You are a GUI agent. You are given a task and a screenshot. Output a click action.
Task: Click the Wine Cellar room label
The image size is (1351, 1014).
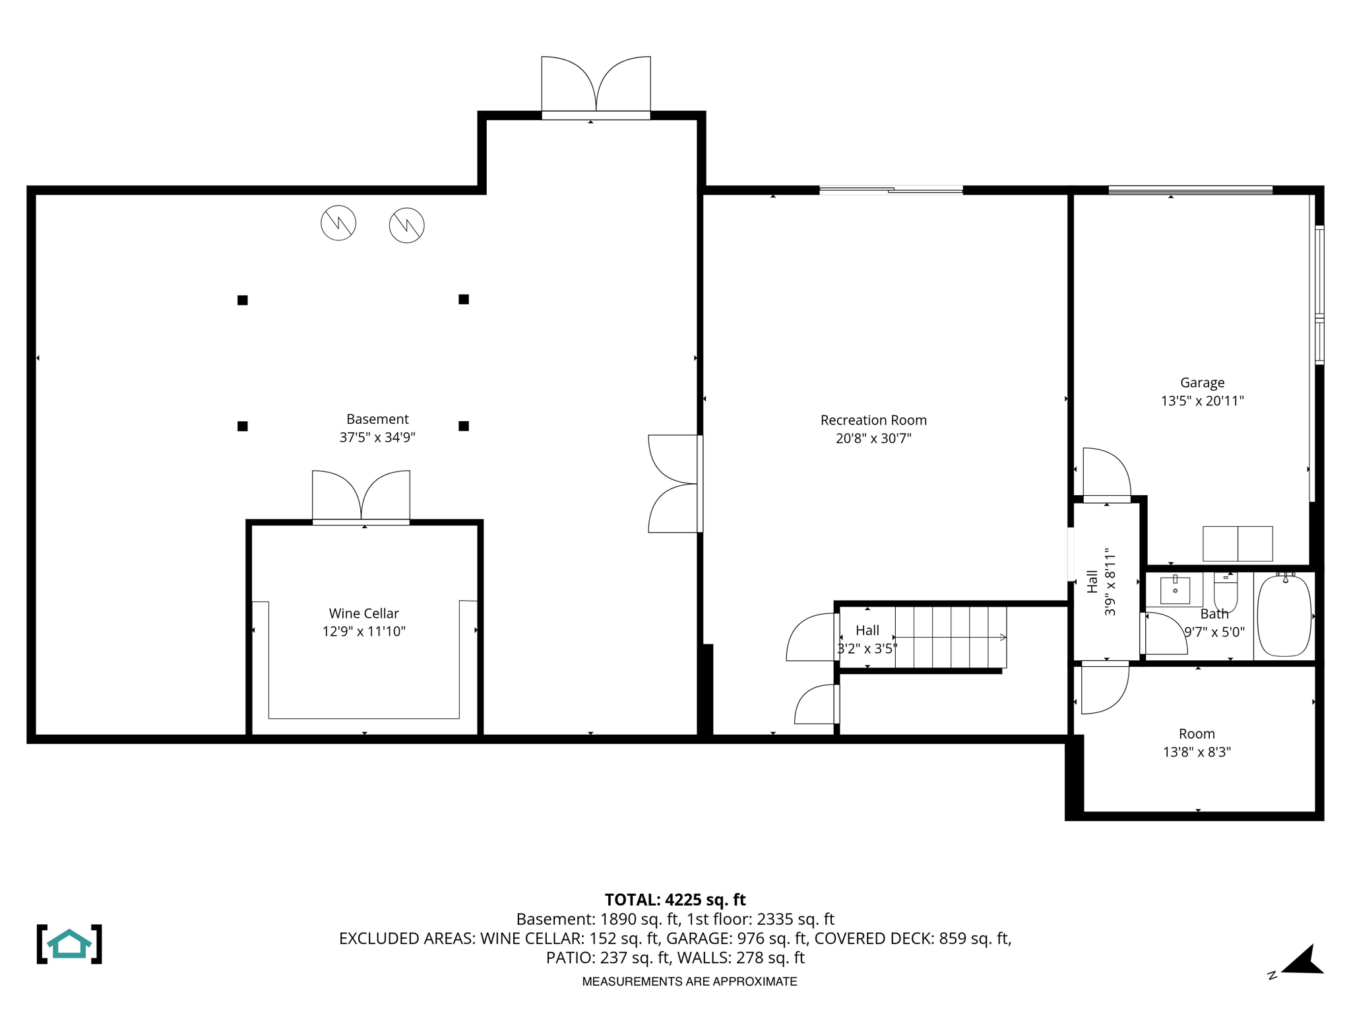point(363,613)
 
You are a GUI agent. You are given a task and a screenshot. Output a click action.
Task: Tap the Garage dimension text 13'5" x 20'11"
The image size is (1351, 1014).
point(1202,401)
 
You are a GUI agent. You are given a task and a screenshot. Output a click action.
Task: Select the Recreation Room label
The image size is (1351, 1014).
point(873,420)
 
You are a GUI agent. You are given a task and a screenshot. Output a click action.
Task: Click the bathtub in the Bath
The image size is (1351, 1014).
point(1284,615)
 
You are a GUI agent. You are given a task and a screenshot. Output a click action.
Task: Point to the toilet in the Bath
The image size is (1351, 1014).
point(1226,591)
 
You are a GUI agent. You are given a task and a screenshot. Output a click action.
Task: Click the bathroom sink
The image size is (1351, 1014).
point(1175,590)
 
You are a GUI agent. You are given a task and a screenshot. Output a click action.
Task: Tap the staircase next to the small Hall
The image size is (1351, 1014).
point(950,637)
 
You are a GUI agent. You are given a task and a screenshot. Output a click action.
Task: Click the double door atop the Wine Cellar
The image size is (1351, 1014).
point(361,496)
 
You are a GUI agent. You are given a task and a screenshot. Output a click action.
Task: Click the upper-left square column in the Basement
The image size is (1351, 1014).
point(243,300)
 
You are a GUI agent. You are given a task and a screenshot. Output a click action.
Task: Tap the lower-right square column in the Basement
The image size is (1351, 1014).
point(464,426)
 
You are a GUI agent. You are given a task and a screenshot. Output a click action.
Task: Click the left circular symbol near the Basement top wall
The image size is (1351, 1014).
point(338,222)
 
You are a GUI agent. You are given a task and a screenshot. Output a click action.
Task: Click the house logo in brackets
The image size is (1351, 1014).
point(69,944)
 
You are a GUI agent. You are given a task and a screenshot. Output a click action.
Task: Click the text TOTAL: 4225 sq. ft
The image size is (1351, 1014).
point(675,900)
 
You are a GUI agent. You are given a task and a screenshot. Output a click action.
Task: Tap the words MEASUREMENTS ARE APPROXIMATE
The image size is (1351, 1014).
point(689,982)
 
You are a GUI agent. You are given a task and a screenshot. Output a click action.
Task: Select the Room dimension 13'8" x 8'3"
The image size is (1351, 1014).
point(1197,752)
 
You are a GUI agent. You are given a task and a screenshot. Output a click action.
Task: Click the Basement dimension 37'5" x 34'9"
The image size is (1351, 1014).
point(377,437)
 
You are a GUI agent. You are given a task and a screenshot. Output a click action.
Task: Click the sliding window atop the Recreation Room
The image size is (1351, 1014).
point(891,190)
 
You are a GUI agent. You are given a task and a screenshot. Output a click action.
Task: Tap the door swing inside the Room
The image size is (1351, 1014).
point(1103,689)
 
